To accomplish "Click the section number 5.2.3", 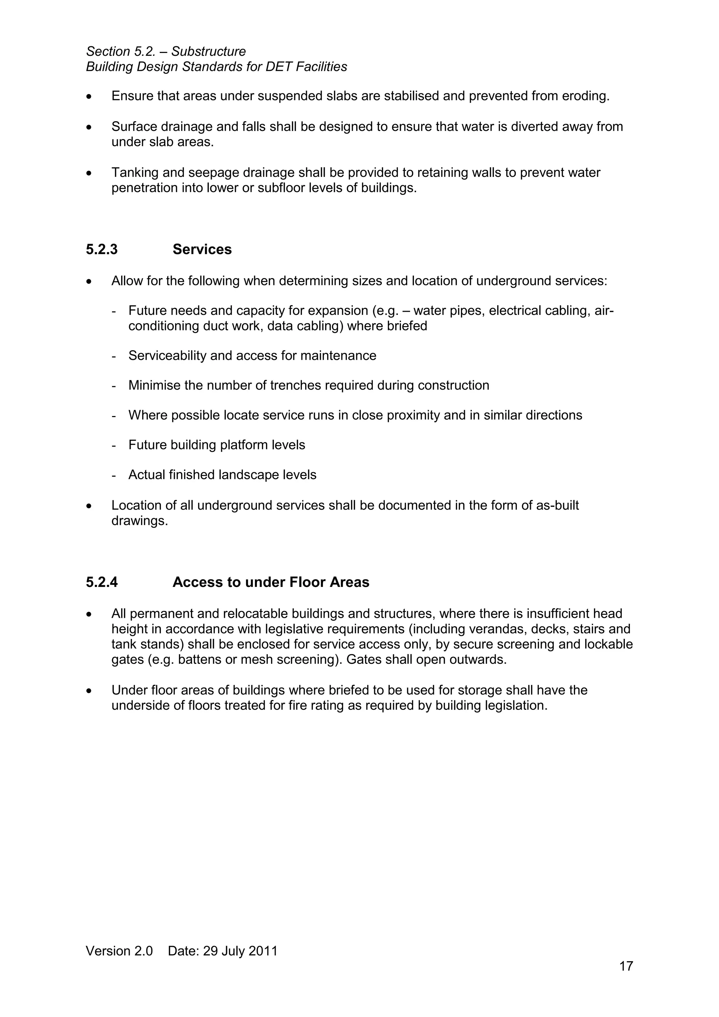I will point(102,249).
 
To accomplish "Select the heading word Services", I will point(202,249).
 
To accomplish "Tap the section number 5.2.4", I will point(102,582).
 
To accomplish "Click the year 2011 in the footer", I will point(263,951).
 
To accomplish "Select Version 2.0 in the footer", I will point(119,951).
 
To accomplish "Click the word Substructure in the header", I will point(208,51).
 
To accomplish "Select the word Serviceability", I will point(167,356).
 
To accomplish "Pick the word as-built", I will point(557,506).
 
